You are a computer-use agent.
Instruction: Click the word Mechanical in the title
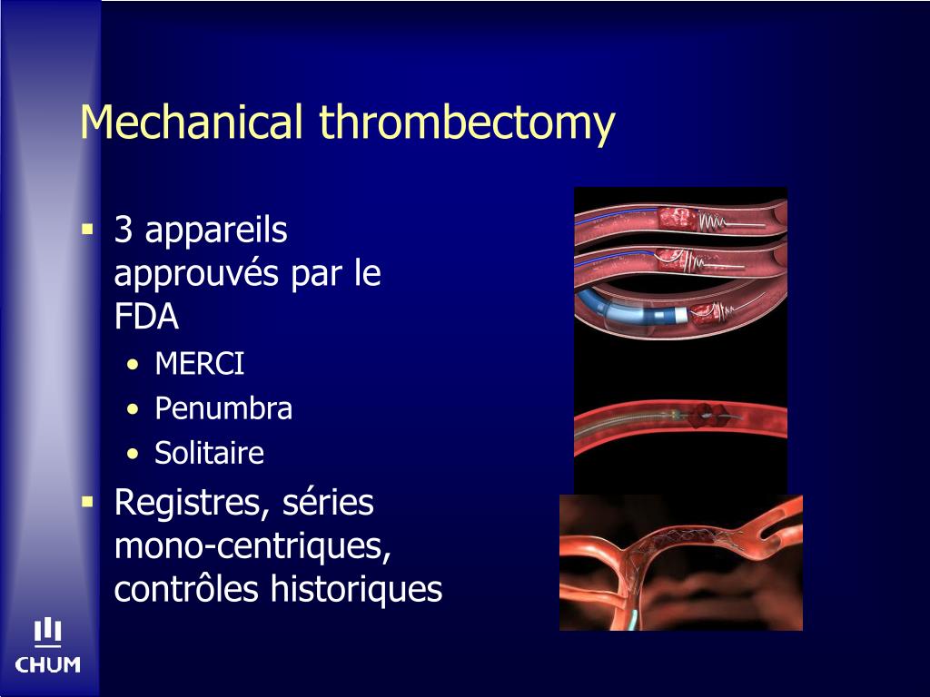pos(191,123)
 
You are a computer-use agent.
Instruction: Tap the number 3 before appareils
pos(124,231)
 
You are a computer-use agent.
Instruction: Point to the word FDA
pos(146,318)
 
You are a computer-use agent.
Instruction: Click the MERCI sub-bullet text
pos(199,365)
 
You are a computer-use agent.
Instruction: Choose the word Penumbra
pos(223,408)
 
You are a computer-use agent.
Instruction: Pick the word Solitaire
pos(209,453)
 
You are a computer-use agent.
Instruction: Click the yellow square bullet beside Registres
pos(88,500)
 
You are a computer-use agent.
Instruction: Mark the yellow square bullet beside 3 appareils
pos(88,229)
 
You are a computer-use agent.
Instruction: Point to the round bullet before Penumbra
pos(134,409)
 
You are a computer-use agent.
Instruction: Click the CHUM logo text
pos(48,665)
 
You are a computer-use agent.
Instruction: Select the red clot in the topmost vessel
pos(678,219)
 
